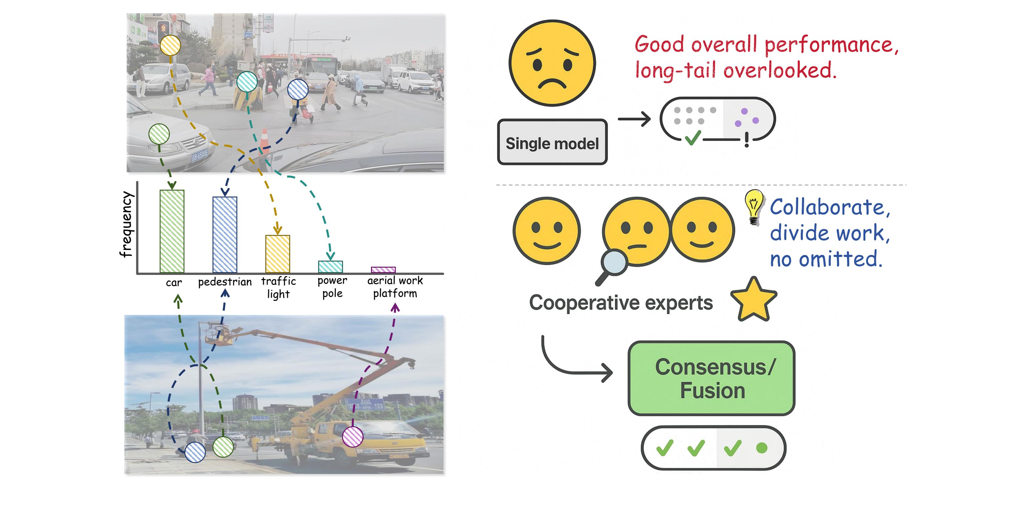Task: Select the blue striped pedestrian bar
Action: click(225, 235)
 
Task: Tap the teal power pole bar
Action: click(330, 267)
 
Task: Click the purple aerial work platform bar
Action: click(383, 270)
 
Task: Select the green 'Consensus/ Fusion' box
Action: click(711, 378)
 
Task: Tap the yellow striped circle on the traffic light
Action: click(170, 45)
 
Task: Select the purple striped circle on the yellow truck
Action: click(352, 436)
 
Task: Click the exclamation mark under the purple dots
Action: click(746, 140)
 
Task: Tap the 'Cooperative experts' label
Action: click(621, 303)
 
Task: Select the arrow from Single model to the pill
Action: click(634, 119)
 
